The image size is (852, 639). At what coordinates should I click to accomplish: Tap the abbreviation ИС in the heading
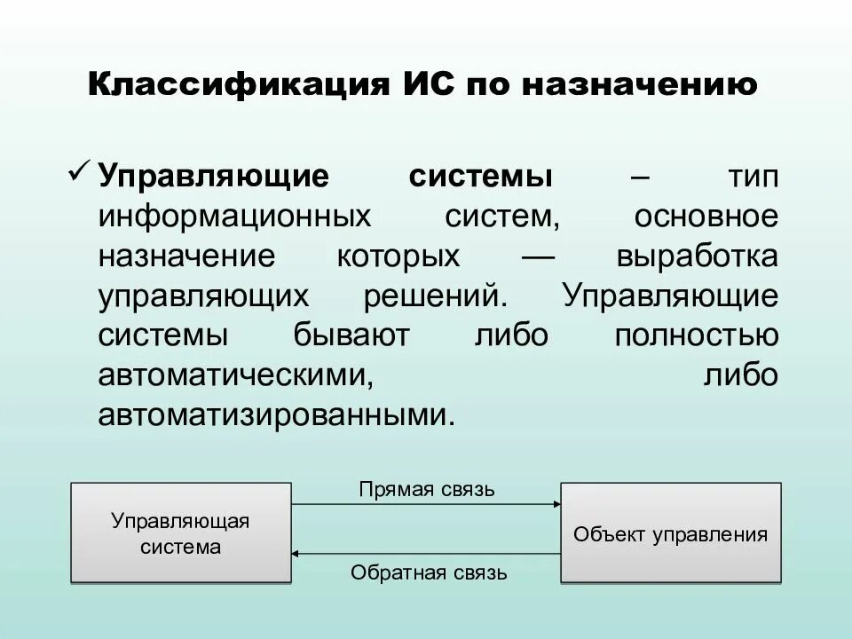(x=422, y=86)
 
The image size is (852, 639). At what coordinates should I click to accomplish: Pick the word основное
(x=706, y=217)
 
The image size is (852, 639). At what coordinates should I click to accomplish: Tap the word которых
(x=398, y=256)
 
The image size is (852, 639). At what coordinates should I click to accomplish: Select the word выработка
(x=697, y=256)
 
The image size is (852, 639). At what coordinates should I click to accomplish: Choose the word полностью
(x=696, y=336)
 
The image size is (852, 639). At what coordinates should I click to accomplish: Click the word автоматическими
(x=233, y=375)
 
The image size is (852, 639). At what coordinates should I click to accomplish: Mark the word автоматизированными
(x=276, y=415)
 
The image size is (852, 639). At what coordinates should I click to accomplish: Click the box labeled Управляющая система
(x=181, y=532)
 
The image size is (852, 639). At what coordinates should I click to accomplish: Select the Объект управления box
(x=670, y=532)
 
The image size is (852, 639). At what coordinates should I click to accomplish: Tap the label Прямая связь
(x=427, y=489)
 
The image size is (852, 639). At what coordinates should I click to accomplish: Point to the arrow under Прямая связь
(x=426, y=504)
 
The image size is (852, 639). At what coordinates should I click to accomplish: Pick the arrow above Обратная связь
(x=426, y=554)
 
